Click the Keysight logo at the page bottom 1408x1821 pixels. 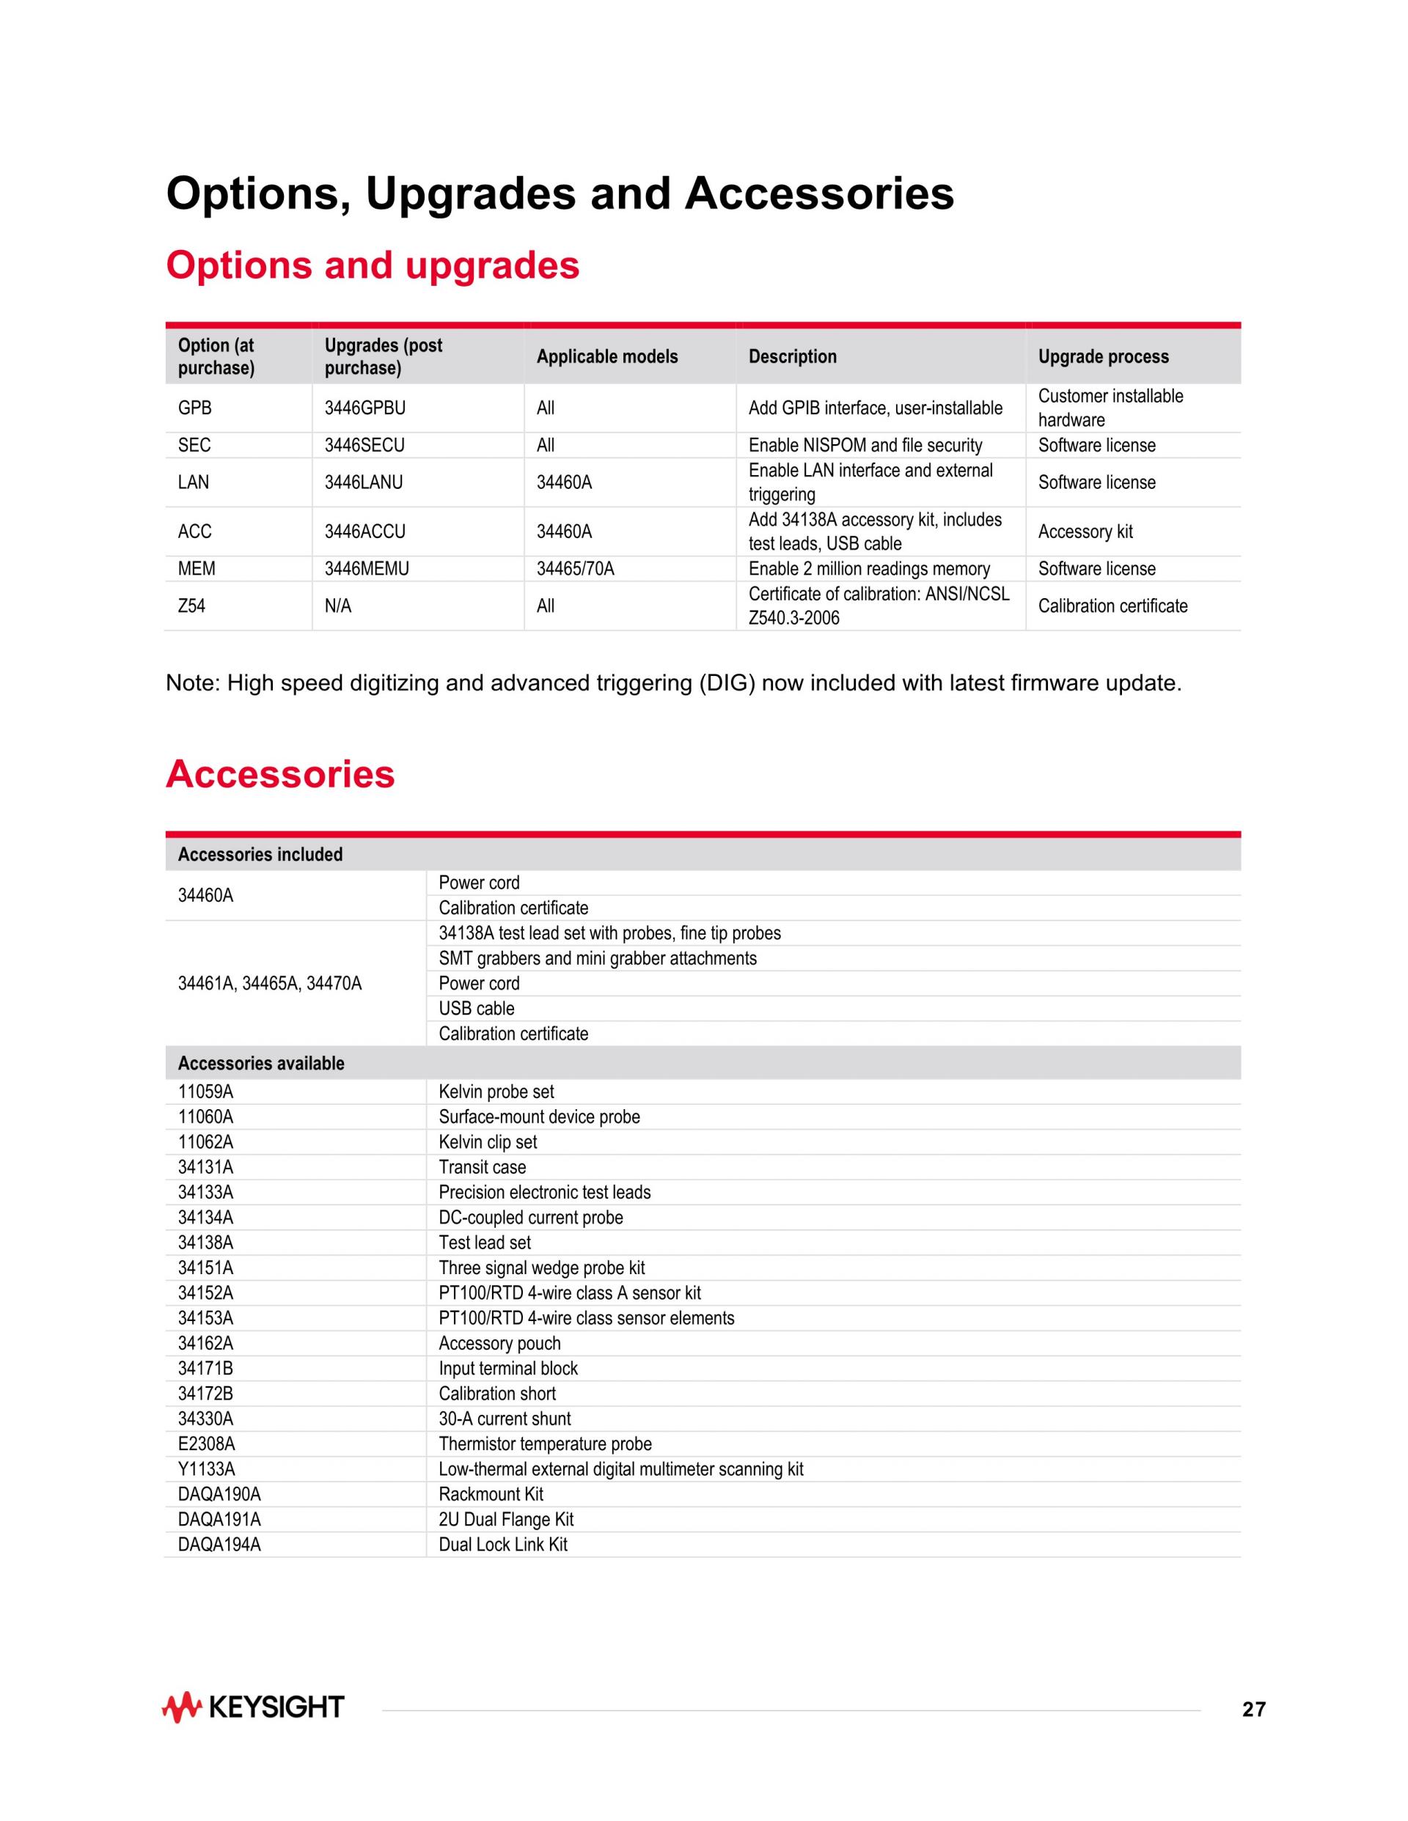[x=253, y=1707]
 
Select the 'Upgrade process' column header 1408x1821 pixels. [x=1103, y=357]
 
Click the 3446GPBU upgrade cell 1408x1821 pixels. [x=364, y=408]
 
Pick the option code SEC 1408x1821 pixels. [x=194, y=445]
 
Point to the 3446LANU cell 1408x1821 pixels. [x=363, y=482]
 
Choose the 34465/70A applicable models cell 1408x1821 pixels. [x=575, y=569]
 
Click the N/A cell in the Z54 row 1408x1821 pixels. [x=338, y=606]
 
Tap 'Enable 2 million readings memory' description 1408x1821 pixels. [x=869, y=569]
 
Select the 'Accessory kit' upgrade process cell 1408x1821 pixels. [x=1085, y=531]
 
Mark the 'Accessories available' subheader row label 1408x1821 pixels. [x=261, y=1063]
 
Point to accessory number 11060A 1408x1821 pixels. [x=205, y=1116]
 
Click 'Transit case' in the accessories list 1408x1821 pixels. [x=482, y=1167]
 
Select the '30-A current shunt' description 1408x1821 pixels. [x=505, y=1419]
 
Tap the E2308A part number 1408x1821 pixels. [x=206, y=1443]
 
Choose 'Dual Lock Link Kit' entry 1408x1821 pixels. [x=503, y=1544]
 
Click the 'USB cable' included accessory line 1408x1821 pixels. [x=476, y=1008]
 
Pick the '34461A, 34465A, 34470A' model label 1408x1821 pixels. [x=269, y=983]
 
